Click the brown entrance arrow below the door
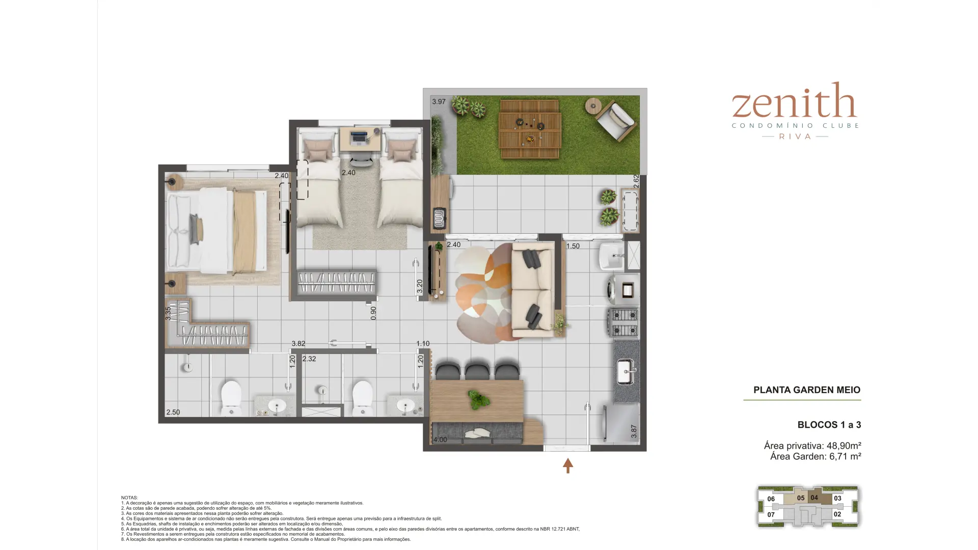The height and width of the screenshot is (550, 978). click(x=568, y=465)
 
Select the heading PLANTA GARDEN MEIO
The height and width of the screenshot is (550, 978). click(x=807, y=390)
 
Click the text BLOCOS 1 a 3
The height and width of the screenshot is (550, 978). click(x=829, y=425)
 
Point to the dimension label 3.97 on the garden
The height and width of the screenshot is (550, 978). click(x=439, y=102)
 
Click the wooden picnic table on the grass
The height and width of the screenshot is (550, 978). click(x=530, y=129)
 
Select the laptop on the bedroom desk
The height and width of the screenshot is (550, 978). click(x=359, y=136)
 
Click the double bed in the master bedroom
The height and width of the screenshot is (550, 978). click(x=217, y=231)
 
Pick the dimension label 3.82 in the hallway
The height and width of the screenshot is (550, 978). click(x=298, y=344)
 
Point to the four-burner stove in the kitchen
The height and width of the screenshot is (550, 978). click(x=623, y=323)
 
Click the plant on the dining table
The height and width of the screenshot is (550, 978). click(x=478, y=400)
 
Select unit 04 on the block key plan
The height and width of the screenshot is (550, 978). click(x=814, y=498)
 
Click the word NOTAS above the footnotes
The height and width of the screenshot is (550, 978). click(x=129, y=498)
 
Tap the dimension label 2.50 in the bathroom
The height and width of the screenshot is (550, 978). click(x=173, y=413)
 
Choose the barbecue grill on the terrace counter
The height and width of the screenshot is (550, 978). click(x=439, y=218)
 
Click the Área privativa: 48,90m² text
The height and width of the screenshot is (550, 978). click(x=812, y=446)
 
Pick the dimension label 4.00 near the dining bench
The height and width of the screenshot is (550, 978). click(x=440, y=440)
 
